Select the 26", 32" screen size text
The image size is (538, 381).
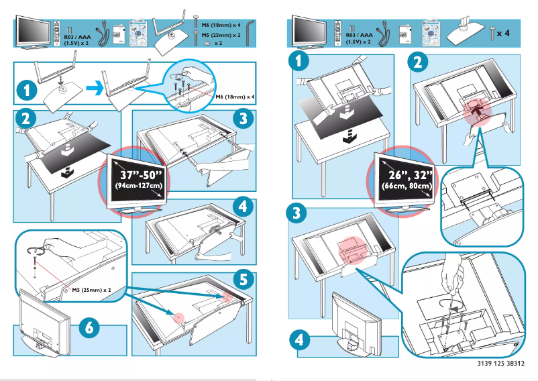click(406, 174)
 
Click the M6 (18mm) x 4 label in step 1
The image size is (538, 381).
click(235, 97)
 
